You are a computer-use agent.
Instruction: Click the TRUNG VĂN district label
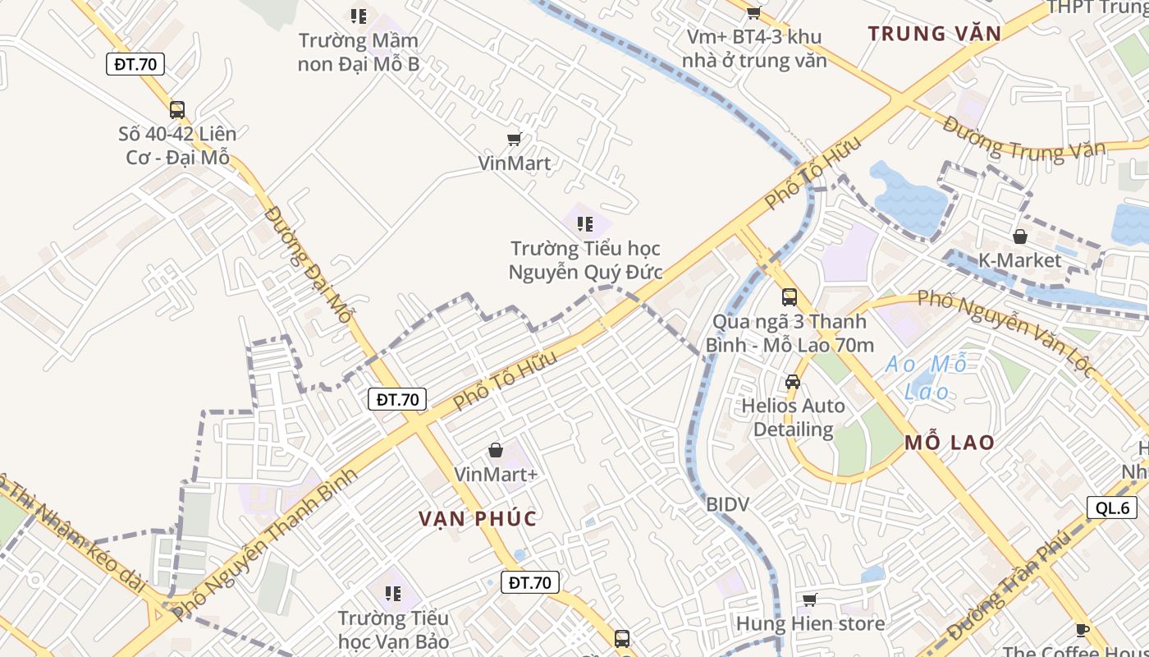click(x=935, y=34)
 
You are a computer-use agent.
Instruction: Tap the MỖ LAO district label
click(x=950, y=443)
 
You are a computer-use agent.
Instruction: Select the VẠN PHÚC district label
click(x=478, y=519)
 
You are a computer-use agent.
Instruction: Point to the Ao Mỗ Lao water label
click(x=927, y=377)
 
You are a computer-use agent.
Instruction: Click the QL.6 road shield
click(x=1112, y=508)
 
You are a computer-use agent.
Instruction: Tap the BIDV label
click(x=728, y=504)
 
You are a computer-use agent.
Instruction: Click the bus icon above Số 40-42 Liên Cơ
click(x=177, y=109)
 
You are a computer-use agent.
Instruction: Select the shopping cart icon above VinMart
click(x=515, y=139)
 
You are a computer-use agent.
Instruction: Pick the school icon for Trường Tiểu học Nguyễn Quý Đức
click(x=585, y=223)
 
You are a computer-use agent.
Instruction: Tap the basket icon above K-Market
click(x=1020, y=237)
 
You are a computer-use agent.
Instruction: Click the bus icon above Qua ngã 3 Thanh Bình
click(x=789, y=296)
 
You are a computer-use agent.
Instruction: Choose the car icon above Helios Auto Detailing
click(x=793, y=381)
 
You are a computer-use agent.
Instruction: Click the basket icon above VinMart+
click(x=496, y=450)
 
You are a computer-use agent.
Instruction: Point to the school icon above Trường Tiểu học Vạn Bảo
click(x=393, y=593)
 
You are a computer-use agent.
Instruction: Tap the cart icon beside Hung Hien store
click(x=810, y=600)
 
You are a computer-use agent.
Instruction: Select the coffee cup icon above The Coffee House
click(x=1082, y=631)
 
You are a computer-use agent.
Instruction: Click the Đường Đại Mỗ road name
click(x=309, y=266)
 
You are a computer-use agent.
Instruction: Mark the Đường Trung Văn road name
click(x=1023, y=140)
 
